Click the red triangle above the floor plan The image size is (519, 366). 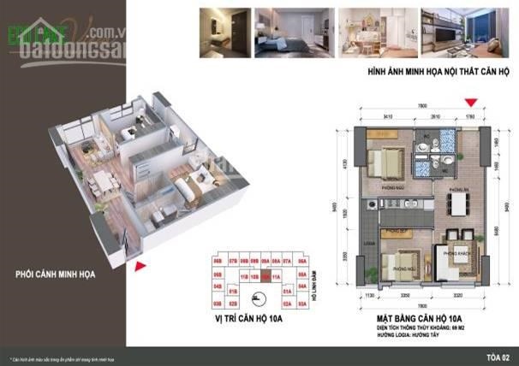click(x=468, y=103)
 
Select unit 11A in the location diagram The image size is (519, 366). click(x=276, y=276)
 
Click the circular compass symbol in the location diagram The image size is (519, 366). click(x=257, y=298)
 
